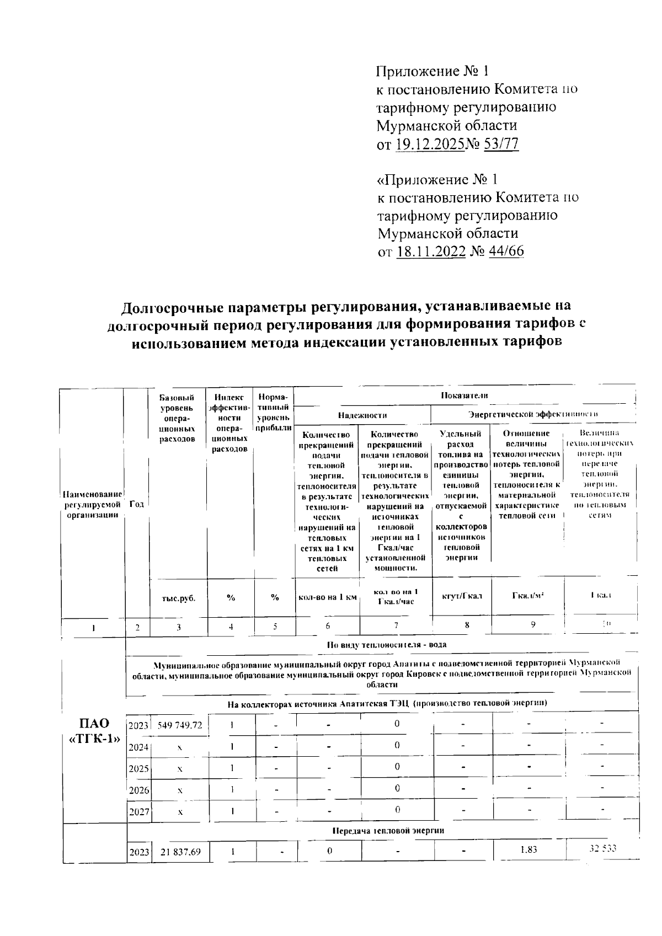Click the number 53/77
tap(501, 145)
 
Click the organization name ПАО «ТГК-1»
tap(94, 731)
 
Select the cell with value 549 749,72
tap(180, 724)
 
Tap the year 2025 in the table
tap(138, 768)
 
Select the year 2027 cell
tap(138, 811)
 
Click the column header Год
tap(137, 504)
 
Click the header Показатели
tap(465, 395)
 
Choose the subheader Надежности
tap(362, 415)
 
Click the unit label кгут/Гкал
tap(462, 596)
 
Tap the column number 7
tap(396, 625)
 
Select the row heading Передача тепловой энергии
tap(388, 831)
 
